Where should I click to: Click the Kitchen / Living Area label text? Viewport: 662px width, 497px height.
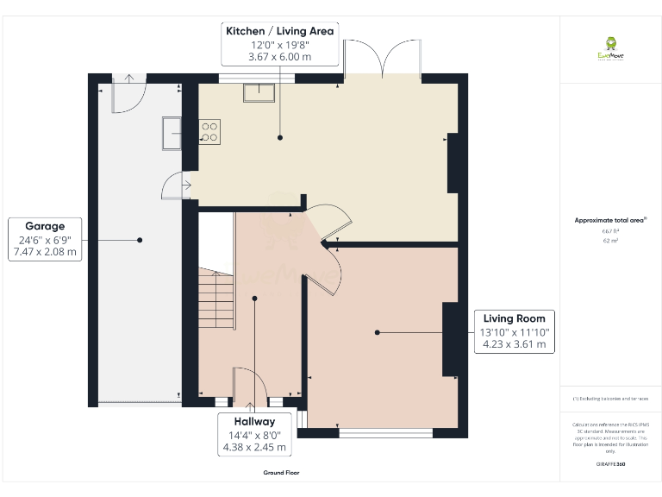279,31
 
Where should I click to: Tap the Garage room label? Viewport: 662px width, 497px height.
45,226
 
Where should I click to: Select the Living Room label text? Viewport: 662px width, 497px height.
514,318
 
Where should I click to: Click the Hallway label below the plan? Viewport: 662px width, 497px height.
252,421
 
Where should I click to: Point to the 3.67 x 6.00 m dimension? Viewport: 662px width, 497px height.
279,57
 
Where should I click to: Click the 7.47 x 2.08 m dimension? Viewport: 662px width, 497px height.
45,253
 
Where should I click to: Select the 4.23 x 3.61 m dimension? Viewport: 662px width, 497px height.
514,343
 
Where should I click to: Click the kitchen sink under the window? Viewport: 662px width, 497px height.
259,91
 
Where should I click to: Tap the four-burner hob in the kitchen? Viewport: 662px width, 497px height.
209,131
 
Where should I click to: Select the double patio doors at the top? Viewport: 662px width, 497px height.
382,60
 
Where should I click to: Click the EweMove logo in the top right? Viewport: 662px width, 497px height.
611,47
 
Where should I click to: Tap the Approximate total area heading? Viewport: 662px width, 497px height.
609,221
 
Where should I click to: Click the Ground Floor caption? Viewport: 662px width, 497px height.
281,473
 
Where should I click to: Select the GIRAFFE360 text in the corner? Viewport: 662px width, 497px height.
610,465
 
